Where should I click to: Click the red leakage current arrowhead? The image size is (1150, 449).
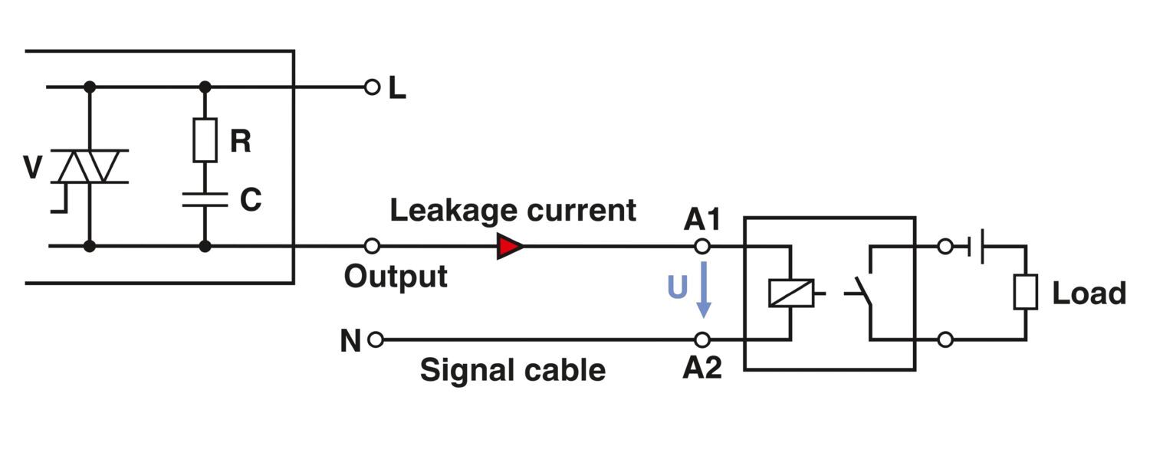(x=510, y=247)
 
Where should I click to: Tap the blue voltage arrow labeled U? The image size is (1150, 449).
(x=703, y=291)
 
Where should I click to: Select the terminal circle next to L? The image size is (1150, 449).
(x=373, y=87)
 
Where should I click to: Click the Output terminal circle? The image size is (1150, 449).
(x=373, y=247)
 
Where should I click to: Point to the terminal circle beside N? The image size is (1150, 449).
(x=375, y=339)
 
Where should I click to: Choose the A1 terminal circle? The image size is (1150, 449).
(x=701, y=247)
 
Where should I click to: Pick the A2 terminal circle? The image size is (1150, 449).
(x=701, y=339)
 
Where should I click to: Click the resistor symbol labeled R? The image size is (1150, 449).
(x=205, y=140)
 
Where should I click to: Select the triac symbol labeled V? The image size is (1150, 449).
(x=90, y=167)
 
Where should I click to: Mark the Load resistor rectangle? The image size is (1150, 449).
(x=1025, y=293)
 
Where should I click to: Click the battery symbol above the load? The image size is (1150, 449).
(x=976, y=247)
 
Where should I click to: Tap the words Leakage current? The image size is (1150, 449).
(x=513, y=210)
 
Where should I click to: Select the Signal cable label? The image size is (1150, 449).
(x=512, y=370)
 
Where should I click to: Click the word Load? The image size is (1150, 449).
(x=1089, y=293)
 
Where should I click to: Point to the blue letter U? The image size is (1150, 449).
(x=677, y=287)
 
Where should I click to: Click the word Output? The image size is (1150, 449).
(x=396, y=276)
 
